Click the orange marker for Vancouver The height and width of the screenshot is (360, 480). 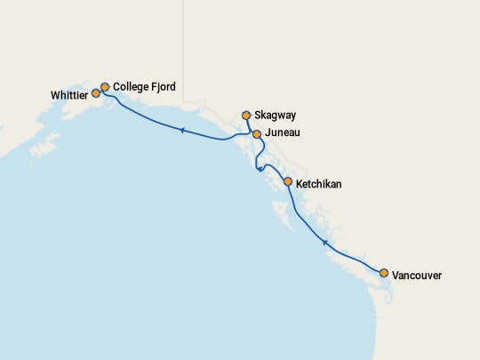384,273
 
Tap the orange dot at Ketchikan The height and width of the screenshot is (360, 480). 287,181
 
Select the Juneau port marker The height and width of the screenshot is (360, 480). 257,134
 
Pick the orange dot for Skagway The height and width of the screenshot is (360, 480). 246,115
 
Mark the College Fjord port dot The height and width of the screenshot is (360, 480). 105,87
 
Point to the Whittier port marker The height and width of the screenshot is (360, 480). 96,93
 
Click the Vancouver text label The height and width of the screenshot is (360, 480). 417,276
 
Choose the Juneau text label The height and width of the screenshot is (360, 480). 283,133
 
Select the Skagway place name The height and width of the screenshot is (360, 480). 276,116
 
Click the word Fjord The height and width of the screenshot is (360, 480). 165,87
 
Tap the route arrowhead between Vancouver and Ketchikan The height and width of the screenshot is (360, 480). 325,242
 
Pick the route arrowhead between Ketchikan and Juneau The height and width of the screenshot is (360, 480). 259,170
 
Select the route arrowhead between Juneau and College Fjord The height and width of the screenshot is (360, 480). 181,131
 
